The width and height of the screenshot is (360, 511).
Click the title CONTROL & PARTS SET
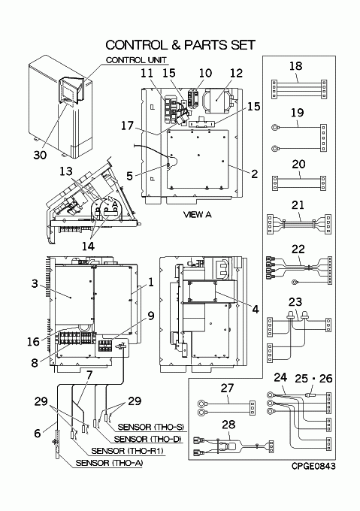[180, 45]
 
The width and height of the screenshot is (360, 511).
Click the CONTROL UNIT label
[136, 60]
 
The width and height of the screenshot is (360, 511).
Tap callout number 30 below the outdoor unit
[40, 155]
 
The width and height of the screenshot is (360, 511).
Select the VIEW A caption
[197, 214]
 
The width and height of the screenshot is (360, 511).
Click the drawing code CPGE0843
[313, 467]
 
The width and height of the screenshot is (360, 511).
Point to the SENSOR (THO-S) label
[150, 427]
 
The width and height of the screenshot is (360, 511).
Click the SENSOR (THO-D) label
[147, 440]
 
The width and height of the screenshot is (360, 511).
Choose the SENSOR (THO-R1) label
[127, 451]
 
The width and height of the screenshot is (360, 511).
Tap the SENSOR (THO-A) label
[109, 463]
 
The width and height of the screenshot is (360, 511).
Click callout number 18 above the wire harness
[296, 66]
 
